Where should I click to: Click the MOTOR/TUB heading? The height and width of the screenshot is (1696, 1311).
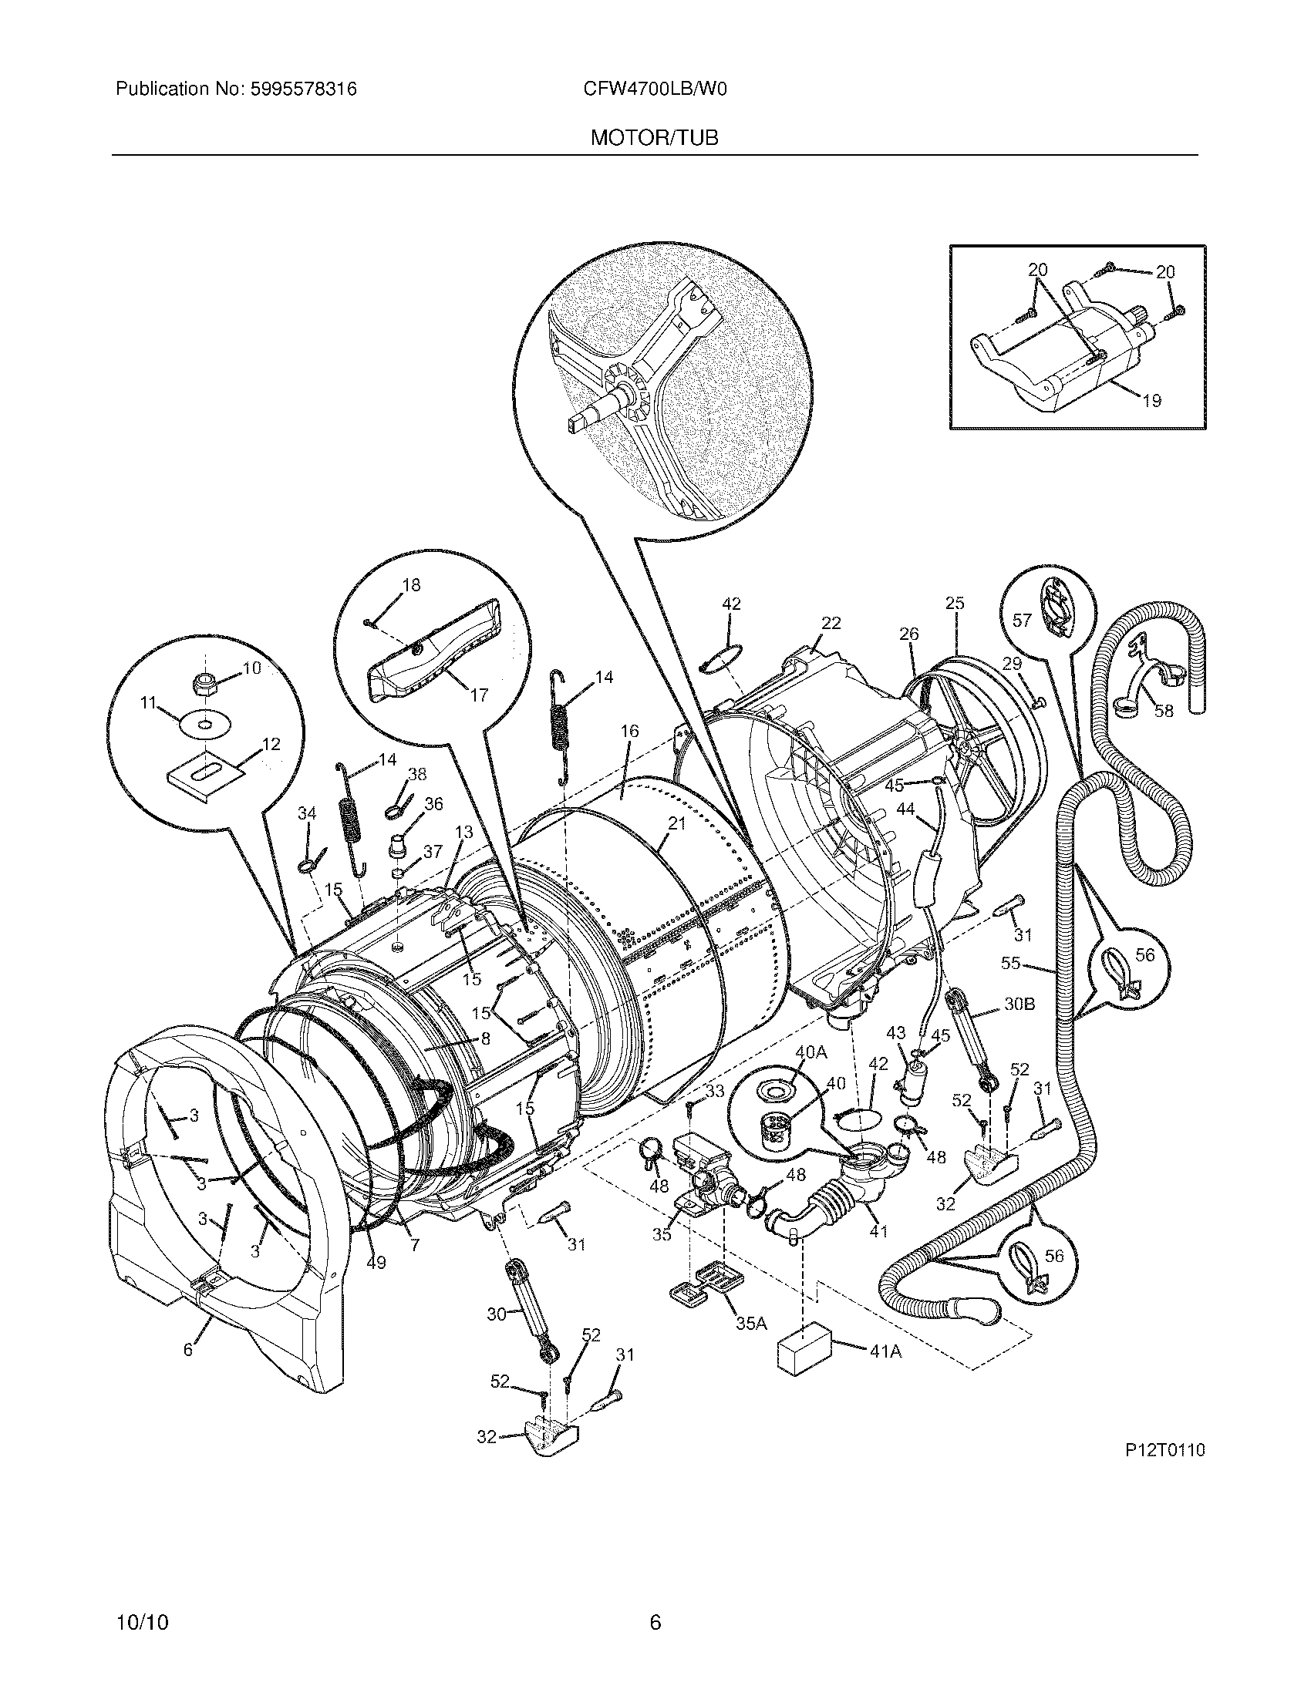654,138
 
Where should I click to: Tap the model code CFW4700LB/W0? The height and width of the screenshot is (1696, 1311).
655,89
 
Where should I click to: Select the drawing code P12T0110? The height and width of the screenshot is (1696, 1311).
1163,1450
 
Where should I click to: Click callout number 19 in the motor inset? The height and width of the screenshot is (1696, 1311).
1151,401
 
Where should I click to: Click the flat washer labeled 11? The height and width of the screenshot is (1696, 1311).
206,725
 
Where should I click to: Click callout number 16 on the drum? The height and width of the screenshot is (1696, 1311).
629,731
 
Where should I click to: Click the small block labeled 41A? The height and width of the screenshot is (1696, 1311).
803,1351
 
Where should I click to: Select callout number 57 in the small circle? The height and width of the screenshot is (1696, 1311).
1022,620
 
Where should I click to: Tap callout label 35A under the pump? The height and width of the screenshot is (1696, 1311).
751,1322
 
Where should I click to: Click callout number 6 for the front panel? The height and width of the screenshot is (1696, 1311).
188,1350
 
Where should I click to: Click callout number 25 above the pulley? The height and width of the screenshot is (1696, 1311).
955,603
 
